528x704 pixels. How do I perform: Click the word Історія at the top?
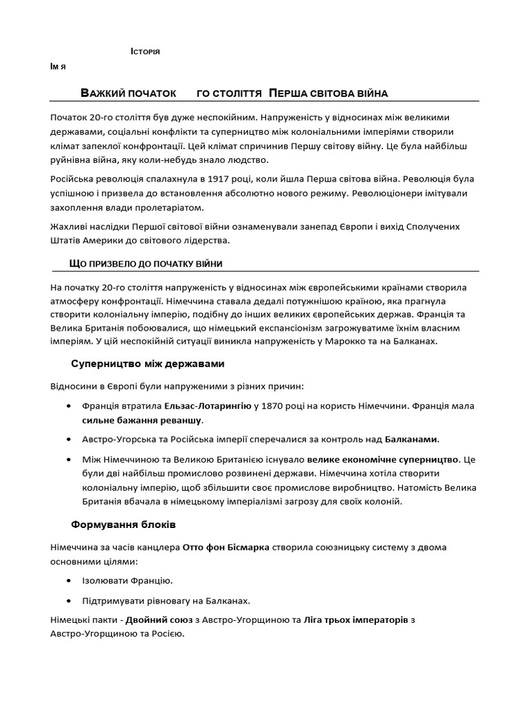pos(145,53)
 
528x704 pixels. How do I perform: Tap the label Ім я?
pos(58,67)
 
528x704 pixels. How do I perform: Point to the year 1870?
pos(274,406)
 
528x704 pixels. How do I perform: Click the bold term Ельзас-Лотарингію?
pos(208,406)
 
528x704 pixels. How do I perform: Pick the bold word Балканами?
pos(410,439)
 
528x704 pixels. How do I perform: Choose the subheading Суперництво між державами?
pos(148,363)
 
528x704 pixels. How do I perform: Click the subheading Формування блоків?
pos(123,525)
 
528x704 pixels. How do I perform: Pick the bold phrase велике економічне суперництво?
pos(382,458)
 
